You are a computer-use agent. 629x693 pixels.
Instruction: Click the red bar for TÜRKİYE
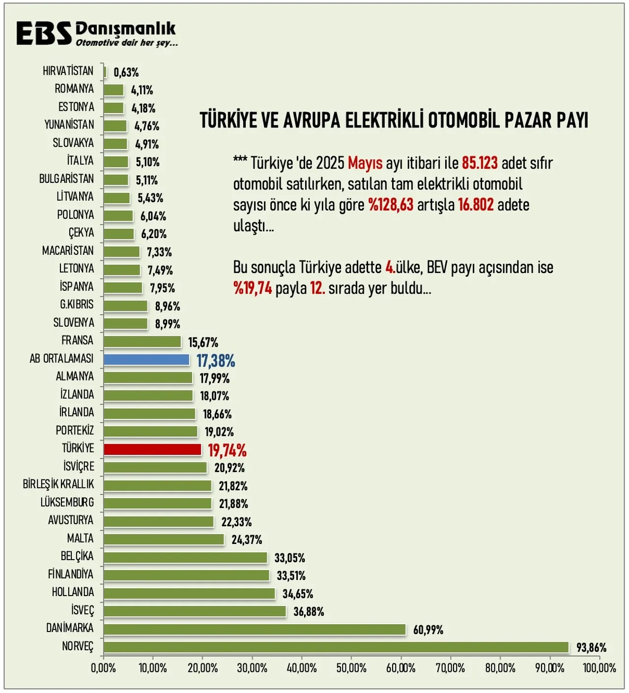152,450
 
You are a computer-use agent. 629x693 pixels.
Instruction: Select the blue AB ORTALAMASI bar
146,360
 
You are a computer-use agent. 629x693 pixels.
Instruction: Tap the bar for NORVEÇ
336,647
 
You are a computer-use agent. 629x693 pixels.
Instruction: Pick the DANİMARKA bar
255,630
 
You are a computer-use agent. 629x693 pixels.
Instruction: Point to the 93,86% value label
591,648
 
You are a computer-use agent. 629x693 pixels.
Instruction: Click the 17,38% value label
216,361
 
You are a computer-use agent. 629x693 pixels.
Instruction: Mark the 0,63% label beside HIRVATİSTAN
126,72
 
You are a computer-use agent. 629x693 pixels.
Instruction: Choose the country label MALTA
80,539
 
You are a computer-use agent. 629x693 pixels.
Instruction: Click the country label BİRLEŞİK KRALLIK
58,484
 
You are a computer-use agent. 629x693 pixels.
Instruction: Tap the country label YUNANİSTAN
69,125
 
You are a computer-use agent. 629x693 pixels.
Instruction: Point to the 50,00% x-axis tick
351,668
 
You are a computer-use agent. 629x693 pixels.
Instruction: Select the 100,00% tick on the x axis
599,668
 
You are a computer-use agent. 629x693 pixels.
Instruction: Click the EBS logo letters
44,33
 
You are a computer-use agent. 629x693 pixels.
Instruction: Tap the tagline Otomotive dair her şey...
126,43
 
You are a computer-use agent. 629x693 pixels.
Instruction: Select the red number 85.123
480,163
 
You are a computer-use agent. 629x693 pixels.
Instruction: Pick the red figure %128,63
391,205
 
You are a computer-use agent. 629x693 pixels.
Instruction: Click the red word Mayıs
365,163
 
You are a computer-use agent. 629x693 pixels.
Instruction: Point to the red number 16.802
476,205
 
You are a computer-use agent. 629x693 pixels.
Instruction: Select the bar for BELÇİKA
185,557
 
